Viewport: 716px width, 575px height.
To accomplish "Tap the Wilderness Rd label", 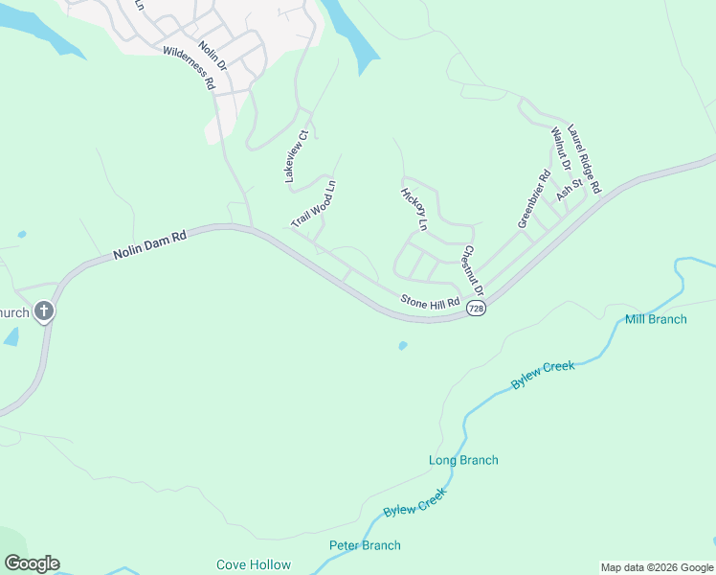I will click(x=190, y=68).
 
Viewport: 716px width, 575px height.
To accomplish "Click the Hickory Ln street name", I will click(x=414, y=209).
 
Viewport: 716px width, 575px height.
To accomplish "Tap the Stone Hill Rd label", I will click(x=431, y=302).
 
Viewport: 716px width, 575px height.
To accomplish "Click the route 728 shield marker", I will click(x=477, y=308).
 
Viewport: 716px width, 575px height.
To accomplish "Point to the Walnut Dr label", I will click(x=560, y=150).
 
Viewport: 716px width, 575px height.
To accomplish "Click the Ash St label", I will click(x=570, y=188).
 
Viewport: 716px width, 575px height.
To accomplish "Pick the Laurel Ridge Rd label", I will click(x=583, y=159).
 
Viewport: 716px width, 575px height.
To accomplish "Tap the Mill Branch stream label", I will click(x=656, y=319).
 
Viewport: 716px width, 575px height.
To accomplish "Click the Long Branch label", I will click(x=463, y=460).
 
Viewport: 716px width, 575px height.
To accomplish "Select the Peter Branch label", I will click(x=365, y=545).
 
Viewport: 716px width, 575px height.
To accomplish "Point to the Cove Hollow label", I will click(x=254, y=564).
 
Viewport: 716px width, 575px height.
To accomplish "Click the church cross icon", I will click(x=43, y=310).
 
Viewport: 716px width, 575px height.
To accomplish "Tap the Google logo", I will click(x=32, y=563).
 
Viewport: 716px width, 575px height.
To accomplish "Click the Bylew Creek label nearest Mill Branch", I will click(x=543, y=374).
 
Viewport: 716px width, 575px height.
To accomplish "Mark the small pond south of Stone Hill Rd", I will click(x=402, y=345).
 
